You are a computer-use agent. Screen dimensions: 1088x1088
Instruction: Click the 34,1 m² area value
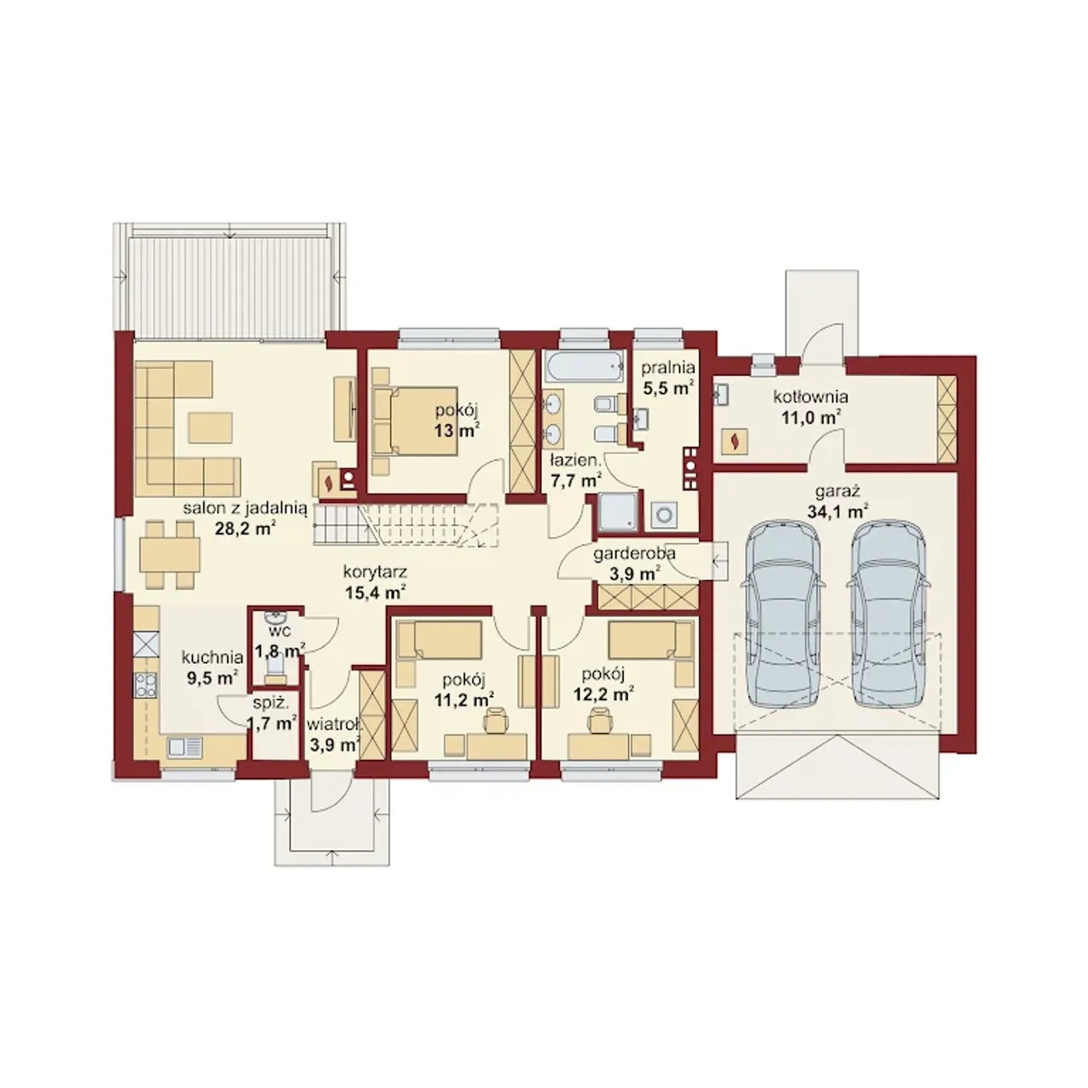click(x=833, y=513)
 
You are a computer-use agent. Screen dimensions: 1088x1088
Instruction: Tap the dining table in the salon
click(x=170, y=554)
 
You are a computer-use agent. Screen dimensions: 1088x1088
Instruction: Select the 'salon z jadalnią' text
click(x=245, y=508)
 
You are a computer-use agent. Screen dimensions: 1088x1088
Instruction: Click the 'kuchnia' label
click(x=212, y=657)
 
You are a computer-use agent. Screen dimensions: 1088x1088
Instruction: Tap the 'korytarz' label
click(x=376, y=572)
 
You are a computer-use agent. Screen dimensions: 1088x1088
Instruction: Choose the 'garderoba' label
click(x=634, y=554)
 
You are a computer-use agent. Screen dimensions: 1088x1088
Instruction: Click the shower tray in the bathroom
click(x=618, y=512)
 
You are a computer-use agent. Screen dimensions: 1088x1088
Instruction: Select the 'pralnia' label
click(x=667, y=368)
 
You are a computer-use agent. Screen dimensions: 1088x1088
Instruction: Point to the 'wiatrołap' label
click(x=334, y=724)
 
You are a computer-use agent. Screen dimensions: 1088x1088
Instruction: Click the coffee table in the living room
click(x=211, y=427)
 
